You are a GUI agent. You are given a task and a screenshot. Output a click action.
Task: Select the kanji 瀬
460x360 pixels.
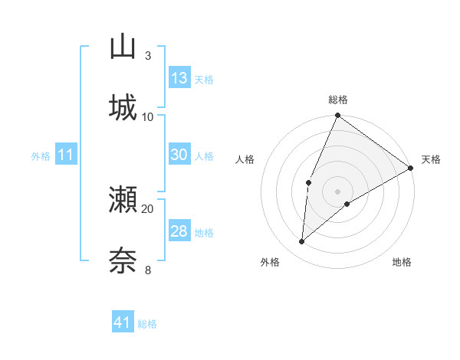123,200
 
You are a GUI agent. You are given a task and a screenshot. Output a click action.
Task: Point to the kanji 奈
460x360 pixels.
123,260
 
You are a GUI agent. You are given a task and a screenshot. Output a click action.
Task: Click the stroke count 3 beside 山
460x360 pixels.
147,55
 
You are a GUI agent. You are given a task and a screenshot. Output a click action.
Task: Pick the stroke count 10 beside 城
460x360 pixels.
148,116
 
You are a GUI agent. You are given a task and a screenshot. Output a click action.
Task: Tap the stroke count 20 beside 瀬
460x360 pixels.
148,208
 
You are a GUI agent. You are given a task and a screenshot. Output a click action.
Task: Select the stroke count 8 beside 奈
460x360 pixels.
147,269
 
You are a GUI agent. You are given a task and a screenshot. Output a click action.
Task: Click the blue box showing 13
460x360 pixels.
179,78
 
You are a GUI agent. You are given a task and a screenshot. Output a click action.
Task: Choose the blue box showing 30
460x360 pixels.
179,155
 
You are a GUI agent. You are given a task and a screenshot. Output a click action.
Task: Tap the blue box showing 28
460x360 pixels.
179,231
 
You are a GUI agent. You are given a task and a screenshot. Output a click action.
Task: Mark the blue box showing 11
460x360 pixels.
66,155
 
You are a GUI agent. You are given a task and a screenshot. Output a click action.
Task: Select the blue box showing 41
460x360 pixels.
123,322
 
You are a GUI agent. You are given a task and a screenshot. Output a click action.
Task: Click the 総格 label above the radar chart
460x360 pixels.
338,100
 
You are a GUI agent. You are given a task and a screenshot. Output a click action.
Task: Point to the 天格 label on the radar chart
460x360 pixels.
431,159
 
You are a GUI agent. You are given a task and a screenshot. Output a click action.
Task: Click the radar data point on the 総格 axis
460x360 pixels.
338,116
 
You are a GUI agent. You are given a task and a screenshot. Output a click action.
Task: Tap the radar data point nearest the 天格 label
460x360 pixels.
411,168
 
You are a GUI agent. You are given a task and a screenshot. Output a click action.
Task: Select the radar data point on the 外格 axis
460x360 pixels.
302,242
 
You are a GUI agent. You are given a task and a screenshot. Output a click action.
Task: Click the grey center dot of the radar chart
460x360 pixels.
338,191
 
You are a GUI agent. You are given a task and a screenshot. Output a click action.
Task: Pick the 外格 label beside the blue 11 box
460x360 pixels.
41,156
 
